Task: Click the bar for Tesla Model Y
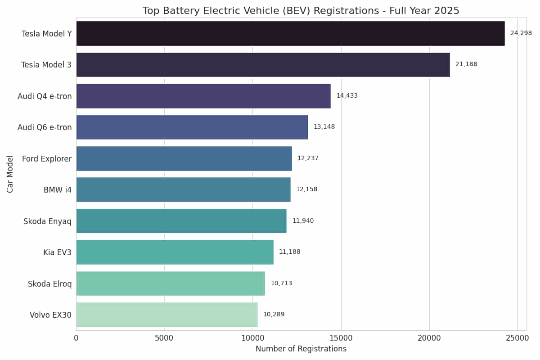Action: pyautogui.click(x=290, y=33)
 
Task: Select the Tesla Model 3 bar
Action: pyautogui.click(x=263, y=64)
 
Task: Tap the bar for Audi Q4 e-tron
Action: pyautogui.click(x=203, y=96)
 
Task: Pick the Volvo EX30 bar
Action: pyautogui.click(x=167, y=315)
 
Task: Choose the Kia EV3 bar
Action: pyautogui.click(x=175, y=252)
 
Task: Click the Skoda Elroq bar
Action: pyautogui.click(x=171, y=283)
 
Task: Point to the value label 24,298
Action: pyautogui.click(x=521, y=33)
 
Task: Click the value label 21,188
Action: pyautogui.click(x=466, y=64)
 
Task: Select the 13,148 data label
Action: pyautogui.click(x=324, y=127)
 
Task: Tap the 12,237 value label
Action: pyautogui.click(x=308, y=158)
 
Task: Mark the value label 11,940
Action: pyautogui.click(x=303, y=221)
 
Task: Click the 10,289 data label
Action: pyautogui.click(x=274, y=315)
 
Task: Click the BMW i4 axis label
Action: pyautogui.click(x=58, y=190)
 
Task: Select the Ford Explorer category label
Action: pyautogui.click(x=47, y=159)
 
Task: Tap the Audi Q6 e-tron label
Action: pyautogui.click(x=45, y=127)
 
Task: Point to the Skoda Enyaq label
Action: pyautogui.click(x=47, y=221)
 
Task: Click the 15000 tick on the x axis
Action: pyautogui.click(x=341, y=337)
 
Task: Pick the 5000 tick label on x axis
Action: pyautogui.click(x=164, y=337)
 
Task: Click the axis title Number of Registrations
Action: pyautogui.click(x=301, y=349)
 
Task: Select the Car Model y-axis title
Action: pyautogui.click(x=10, y=174)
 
